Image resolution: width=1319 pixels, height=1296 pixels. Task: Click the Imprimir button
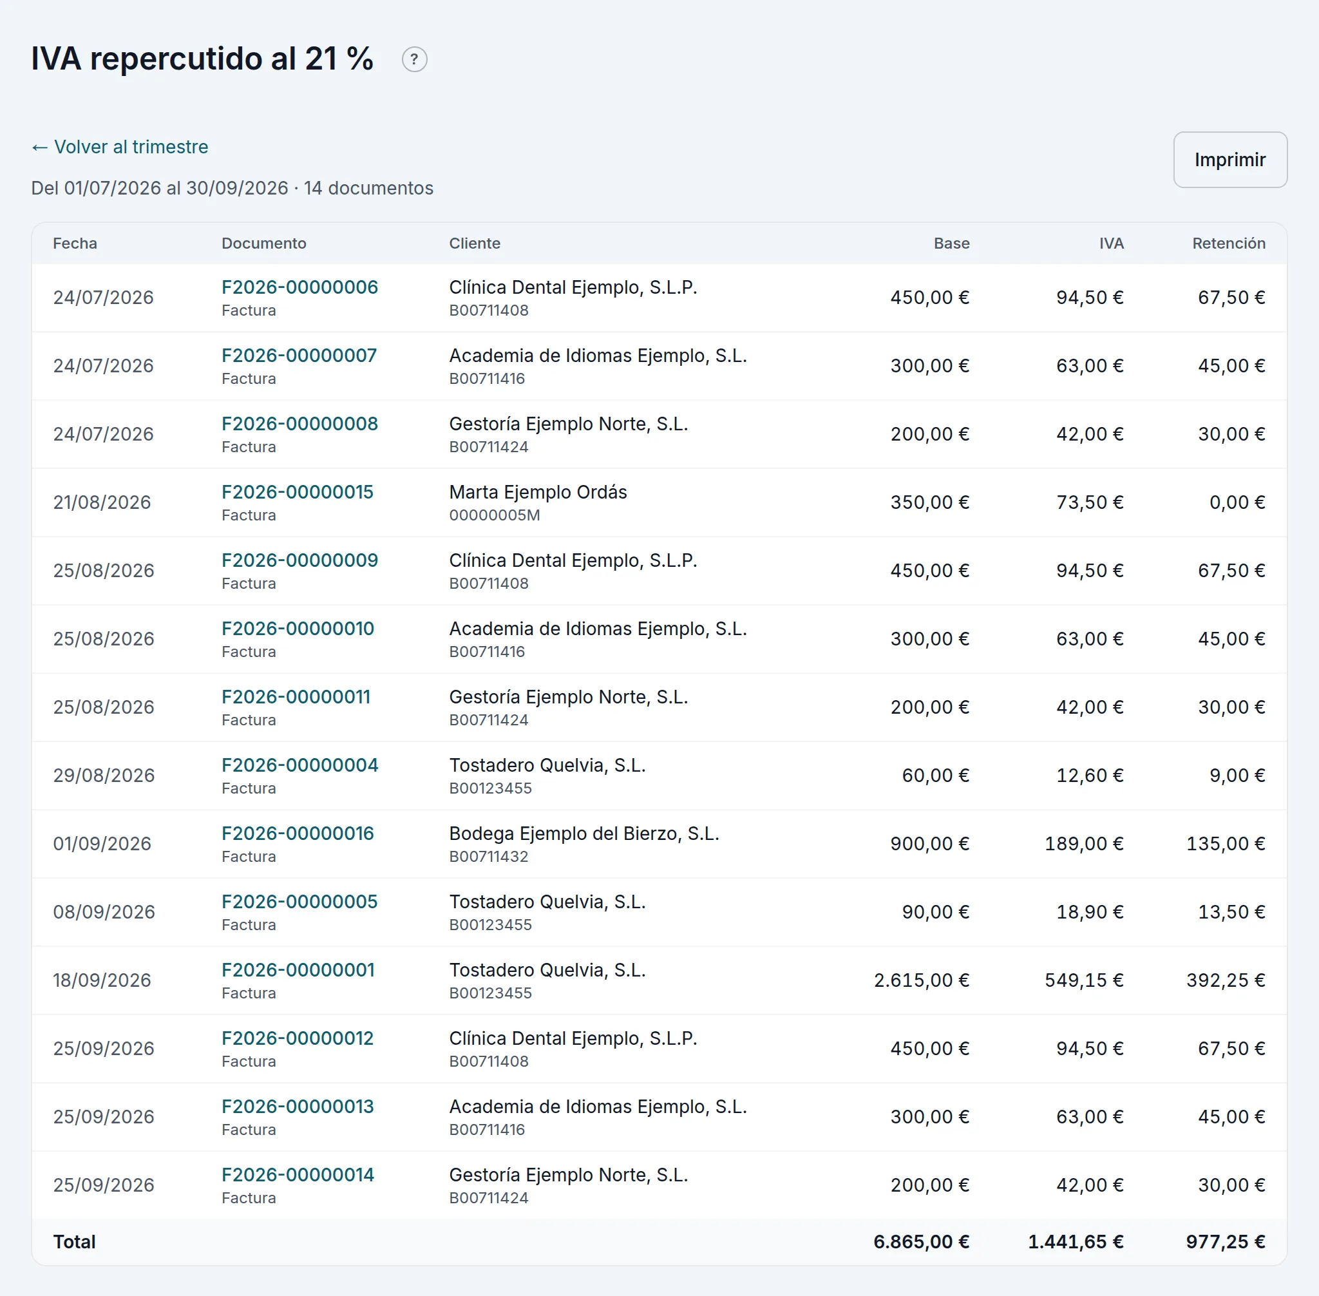1230,159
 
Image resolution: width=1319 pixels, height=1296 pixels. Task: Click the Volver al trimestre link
120,147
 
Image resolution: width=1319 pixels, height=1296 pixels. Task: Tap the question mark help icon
415,59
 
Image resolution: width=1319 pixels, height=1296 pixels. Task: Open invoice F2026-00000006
299,287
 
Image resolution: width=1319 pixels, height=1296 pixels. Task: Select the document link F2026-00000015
298,492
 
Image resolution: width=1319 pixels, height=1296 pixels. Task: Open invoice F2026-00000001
298,970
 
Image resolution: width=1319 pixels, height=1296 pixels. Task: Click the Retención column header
1228,243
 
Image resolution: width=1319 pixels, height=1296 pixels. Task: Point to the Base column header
951,243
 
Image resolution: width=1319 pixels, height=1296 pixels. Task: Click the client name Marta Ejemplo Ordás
538,492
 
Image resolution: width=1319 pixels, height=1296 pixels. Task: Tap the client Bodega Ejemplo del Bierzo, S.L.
584,834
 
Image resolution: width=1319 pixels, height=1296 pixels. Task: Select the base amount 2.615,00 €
922,980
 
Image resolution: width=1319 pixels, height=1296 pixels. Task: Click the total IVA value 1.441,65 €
1076,1241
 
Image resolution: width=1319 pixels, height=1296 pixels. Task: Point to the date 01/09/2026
102,843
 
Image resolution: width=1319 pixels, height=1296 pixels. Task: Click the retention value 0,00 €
1237,502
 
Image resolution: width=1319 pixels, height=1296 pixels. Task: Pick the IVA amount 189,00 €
1084,843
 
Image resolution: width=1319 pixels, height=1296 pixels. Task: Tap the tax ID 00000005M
494,515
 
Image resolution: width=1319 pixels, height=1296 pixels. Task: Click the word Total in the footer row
74,1241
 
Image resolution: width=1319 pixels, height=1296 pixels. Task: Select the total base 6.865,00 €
922,1241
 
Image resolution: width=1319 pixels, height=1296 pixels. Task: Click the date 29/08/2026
104,776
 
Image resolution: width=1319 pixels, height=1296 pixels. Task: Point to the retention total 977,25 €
1226,1241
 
